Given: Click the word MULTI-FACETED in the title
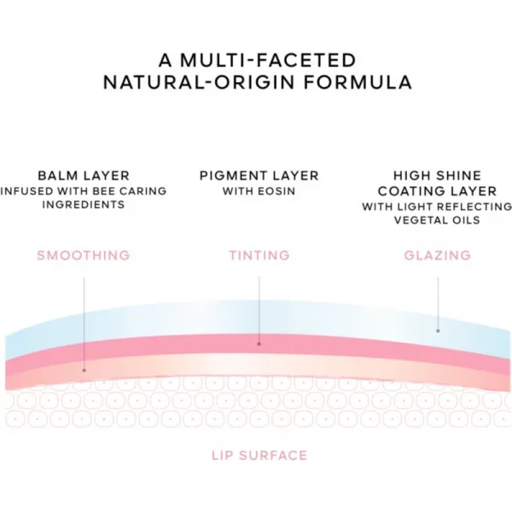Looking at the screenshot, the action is [x=268, y=61].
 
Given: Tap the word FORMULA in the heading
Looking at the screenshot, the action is [x=358, y=82].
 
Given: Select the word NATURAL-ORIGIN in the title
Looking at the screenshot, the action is [x=199, y=82].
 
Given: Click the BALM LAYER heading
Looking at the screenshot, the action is [x=84, y=176].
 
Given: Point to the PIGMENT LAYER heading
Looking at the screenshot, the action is [x=259, y=176].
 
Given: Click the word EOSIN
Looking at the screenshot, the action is [x=276, y=191].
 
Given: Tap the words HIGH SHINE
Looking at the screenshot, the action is [x=437, y=176].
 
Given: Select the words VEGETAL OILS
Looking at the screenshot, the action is [x=437, y=220].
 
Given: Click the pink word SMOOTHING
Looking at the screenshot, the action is [x=84, y=255].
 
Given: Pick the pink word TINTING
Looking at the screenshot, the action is [x=259, y=255].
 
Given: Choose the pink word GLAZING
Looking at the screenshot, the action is [x=438, y=255].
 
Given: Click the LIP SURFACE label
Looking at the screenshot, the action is [x=259, y=456].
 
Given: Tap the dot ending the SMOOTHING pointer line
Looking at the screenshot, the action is [x=84, y=370].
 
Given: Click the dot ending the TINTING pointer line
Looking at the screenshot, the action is [x=259, y=344].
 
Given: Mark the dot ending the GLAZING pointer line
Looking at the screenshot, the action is [x=438, y=331].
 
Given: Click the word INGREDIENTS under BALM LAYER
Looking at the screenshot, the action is [x=84, y=205].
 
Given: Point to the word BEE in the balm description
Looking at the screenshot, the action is [x=104, y=191].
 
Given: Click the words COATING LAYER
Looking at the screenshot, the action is [x=437, y=191].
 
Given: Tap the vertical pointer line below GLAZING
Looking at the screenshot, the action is [x=438, y=304].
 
